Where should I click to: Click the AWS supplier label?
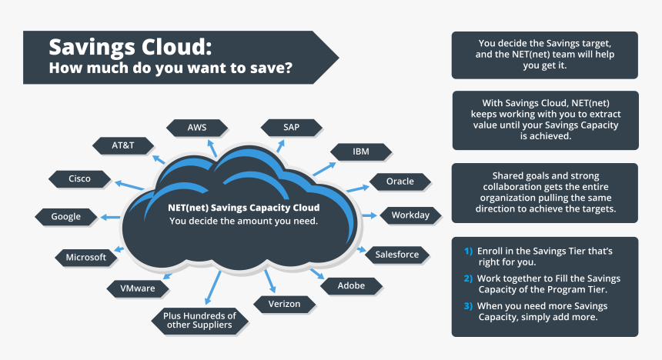tap(196, 127)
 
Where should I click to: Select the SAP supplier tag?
tap(291, 127)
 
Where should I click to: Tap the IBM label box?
tap(361, 152)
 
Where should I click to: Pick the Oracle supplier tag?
tap(400, 182)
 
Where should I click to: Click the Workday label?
tap(410, 215)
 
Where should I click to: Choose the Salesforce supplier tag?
tap(396, 254)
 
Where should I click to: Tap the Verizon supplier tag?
tap(284, 304)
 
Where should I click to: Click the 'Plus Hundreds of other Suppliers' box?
tap(200, 319)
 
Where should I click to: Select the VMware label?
tap(138, 288)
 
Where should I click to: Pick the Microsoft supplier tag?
tap(85, 257)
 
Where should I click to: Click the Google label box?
tap(66, 216)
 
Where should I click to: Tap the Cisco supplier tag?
tap(79, 178)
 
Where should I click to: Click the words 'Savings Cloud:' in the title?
tap(130, 46)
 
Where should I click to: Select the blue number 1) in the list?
tap(468, 252)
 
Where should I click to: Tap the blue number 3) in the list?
tap(468, 305)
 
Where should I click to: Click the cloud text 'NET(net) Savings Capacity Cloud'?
tap(243, 208)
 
